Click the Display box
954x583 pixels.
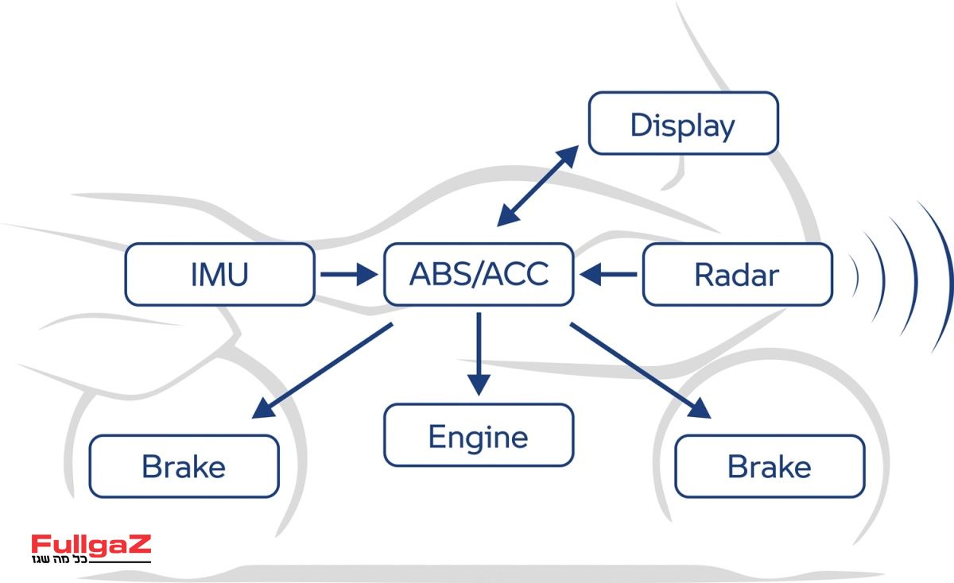(683, 123)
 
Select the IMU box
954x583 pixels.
(219, 275)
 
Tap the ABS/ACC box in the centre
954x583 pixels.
(479, 275)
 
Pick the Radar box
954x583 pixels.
(737, 275)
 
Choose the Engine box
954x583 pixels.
(479, 435)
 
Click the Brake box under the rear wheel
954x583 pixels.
(184, 466)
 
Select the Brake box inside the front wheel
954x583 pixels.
(769, 466)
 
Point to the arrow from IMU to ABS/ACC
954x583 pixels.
(348, 275)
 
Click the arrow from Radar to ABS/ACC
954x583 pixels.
(609, 275)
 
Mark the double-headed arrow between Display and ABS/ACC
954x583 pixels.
(538, 184)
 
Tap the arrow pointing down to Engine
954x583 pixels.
(479, 353)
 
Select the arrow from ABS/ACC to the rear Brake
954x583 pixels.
(322, 371)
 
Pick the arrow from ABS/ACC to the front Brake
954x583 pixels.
(640, 369)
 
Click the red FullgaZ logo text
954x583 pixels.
(91, 545)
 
